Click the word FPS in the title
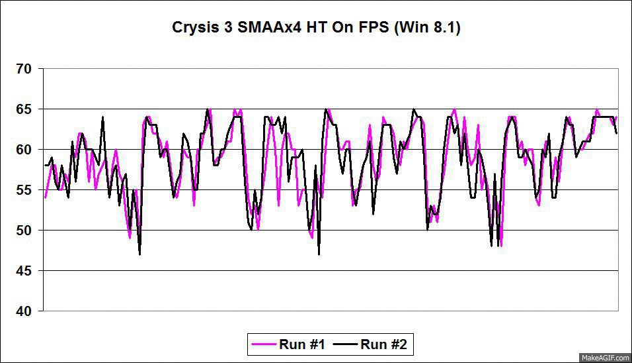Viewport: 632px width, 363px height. point(377,28)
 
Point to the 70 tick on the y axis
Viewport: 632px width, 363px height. point(24,69)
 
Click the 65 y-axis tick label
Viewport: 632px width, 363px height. point(24,109)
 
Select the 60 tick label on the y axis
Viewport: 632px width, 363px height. point(24,150)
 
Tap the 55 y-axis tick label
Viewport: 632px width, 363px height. point(24,190)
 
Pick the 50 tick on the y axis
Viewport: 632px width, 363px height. point(24,231)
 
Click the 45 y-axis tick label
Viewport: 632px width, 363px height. point(24,271)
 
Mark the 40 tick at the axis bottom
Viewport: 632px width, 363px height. point(24,311)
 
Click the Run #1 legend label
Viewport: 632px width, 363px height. point(301,344)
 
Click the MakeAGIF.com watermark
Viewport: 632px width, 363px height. point(605,358)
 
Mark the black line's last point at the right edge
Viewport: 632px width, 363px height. point(617,133)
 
